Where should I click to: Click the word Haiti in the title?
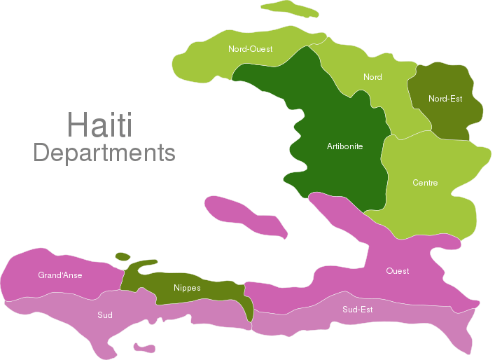(100, 125)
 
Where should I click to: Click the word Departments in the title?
(104, 152)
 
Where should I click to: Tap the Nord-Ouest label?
(250, 49)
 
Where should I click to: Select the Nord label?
(372, 77)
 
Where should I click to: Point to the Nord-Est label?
(445, 99)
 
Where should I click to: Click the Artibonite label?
(344, 146)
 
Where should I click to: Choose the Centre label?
(425, 183)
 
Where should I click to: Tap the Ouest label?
(398, 270)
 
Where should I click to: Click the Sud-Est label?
(357, 309)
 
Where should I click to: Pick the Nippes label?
(187, 288)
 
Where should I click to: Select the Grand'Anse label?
(60, 275)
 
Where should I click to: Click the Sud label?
(105, 315)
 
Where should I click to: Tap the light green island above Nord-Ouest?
(288, 8)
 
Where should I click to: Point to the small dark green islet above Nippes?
(123, 256)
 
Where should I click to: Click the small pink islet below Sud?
(145, 347)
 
